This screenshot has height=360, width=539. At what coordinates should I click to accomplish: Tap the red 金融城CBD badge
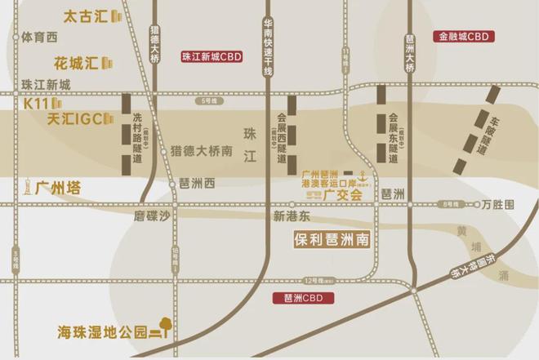click(462, 37)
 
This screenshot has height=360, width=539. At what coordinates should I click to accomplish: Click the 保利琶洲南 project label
click(332, 241)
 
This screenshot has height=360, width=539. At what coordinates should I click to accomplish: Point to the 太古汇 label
click(86, 16)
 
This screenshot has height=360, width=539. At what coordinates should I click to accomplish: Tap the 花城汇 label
click(76, 62)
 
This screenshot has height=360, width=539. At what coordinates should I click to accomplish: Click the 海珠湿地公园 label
click(101, 331)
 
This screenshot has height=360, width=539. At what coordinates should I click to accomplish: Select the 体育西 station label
click(40, 37)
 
